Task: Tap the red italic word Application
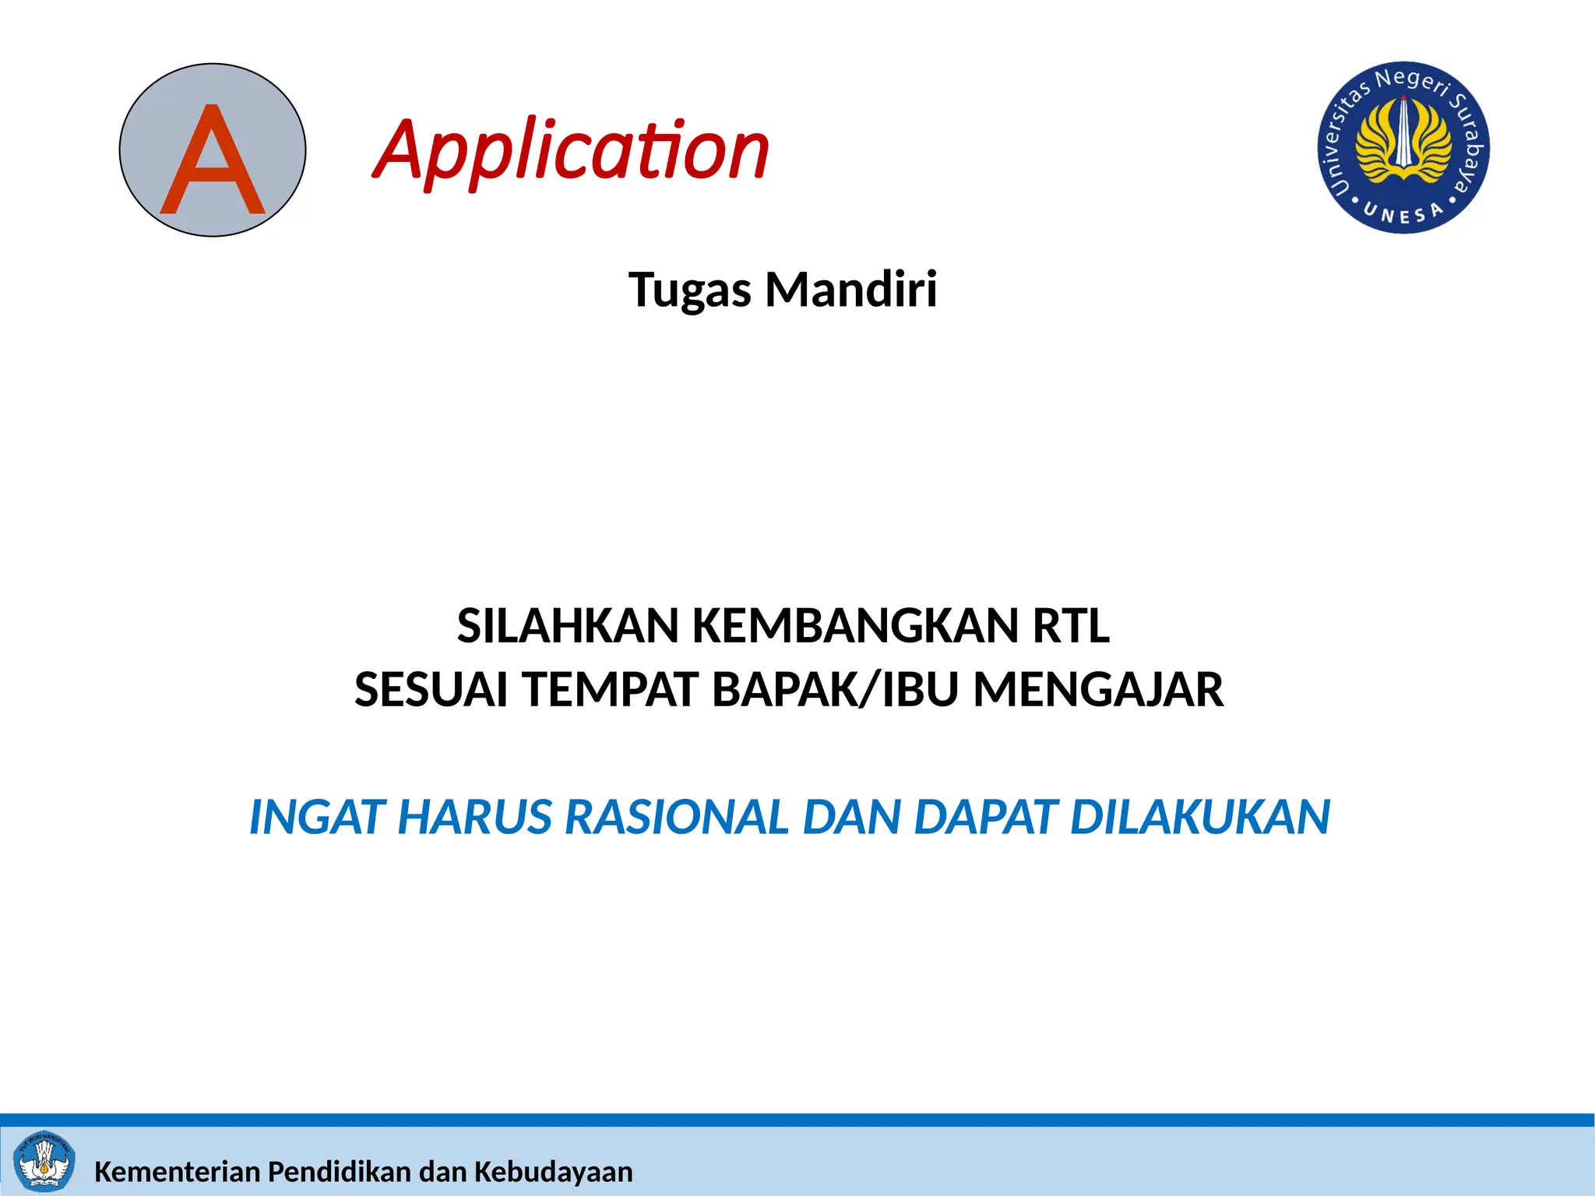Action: pos(572,150)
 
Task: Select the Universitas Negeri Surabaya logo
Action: pos(1403,147)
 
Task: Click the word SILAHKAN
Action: pos(568,626)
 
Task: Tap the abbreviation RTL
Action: pos(1071,626)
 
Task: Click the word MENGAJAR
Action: pos(1098,690)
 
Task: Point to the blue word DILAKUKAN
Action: pos(1199,818)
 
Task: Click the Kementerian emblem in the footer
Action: pos(45,1162)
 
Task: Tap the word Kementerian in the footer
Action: pos(177,1172)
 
